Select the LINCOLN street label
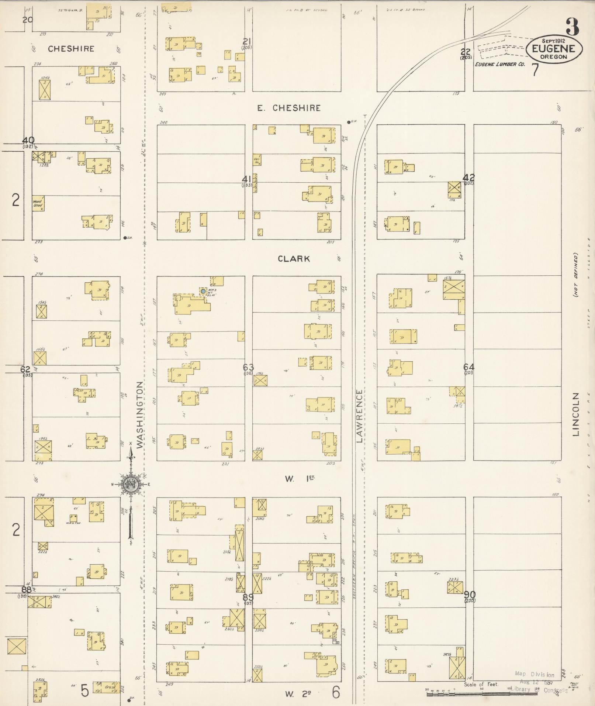[x=576, y=414]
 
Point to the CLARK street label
[x=294, y=259]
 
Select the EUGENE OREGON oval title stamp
[x=554, y=49]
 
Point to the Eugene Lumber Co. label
[x=499, y=64]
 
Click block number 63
[x=248, y=367]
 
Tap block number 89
[x=248, y=597]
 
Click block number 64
[x=469, y=367]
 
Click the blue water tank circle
[x=203, y=291]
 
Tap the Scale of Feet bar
[x=494, y=694]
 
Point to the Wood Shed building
[x=38, y=203]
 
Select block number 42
[x=470, y=177]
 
